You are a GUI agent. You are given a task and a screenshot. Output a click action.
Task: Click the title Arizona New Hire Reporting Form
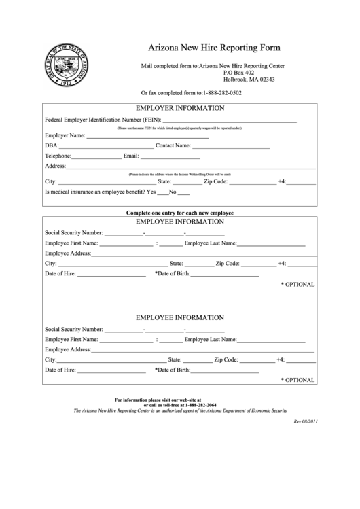click(x=214, y=48)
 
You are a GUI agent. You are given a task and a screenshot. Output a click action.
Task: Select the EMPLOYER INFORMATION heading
click(x=180, y=108)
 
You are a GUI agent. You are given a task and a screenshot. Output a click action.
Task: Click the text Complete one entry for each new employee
click(x=180, y=213)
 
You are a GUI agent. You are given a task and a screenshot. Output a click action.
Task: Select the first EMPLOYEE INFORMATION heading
click(x=180, y=222)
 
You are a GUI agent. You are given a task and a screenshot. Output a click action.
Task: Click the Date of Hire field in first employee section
click(x=111, y=275)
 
